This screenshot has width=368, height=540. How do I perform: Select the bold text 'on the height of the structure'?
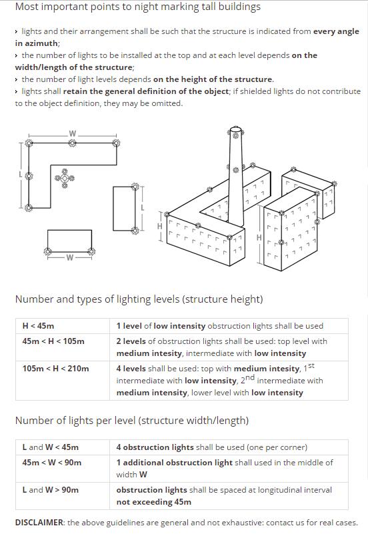pyautogui.click(x=213, y=79)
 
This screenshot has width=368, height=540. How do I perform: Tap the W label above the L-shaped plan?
pyautogui.click(x=73, y=135)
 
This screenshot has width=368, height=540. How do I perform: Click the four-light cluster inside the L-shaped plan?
pyautogui.click(x=65, y=177)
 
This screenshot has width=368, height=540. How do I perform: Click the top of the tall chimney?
pyautogui.click(x=235, y=129)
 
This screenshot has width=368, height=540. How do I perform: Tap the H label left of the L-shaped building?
pyautogui.click(x=160, y=227)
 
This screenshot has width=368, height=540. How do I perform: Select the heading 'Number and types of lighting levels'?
pyautogui.click(x=139, y=299)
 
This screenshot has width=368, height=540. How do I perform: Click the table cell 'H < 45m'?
pyautogui.click(x=38, y=326)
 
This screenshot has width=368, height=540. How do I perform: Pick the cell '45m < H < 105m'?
pyautogui.click(x=53, y=341)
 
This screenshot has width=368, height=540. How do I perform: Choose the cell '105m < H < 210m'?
pyautogui.click(x=55, y=369)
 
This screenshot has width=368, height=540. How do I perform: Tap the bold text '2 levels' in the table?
pyautogui.click(x=131, y=341)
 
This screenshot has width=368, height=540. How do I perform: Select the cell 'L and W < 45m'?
pyautogui.click(x=50, y=447)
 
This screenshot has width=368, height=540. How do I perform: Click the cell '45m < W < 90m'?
pyautogui.click(x=51, y=463)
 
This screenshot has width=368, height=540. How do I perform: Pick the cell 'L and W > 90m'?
pyautogui.click(x=50, y=490)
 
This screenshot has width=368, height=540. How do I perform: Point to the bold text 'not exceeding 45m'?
pyautogui.click(x=153, y=502)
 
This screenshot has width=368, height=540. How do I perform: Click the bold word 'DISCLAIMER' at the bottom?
pyautogui.click(x=39, y=523)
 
